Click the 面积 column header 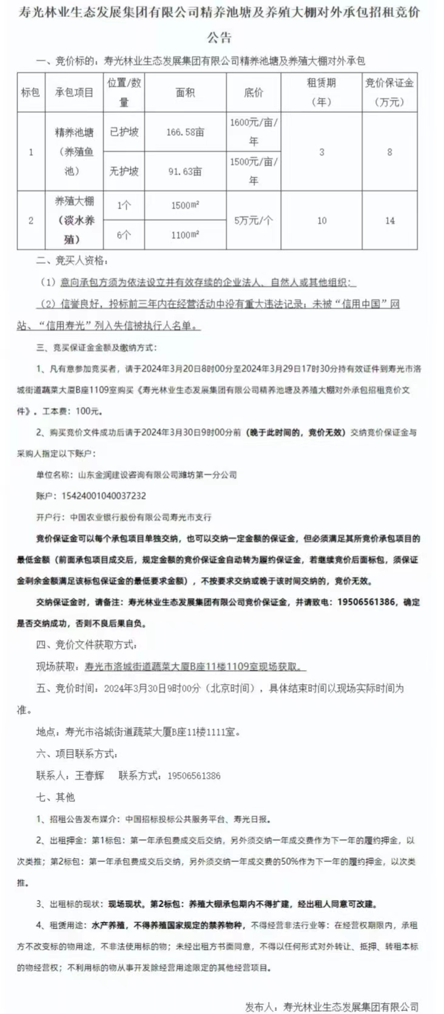click(185, 92)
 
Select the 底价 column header click(254, 92)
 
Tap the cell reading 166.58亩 click(185, 132)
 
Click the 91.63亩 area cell click(185, 171)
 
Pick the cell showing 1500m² click(185, 205)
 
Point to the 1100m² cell click(185, 235)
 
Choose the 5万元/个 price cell click(254, 220)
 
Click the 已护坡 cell click(124, 132)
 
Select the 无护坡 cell click(124, 171)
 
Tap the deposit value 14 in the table click(389, 220)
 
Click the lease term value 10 click(321, 220)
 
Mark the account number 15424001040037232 click(104, 495)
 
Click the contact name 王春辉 click(89, 775)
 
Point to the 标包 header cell click(30, 92)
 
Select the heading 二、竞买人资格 click(72, 260)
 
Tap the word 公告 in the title click(220, 38)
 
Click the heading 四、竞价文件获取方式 click(86, 644)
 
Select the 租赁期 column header click(321, 92)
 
